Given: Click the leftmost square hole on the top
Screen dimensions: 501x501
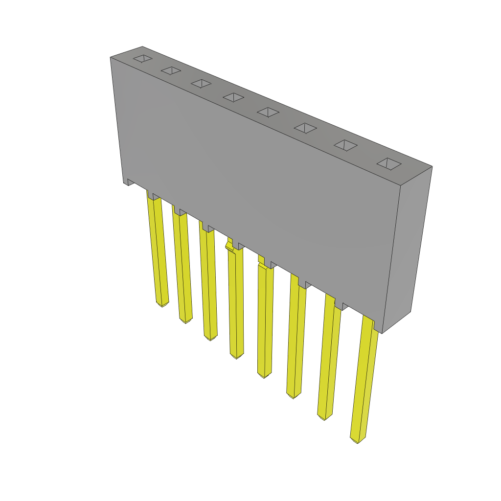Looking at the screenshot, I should (x=142, y=59).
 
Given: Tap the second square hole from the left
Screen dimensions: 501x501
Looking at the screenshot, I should (x=171, y=71).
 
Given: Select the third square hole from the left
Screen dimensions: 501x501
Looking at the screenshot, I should (x=201, y=84).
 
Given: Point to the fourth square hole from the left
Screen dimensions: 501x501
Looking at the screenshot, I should (x=233, y=97).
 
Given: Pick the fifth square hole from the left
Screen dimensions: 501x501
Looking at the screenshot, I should (x=268, y=112).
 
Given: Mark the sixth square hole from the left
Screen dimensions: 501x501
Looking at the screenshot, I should (x=305, y=128).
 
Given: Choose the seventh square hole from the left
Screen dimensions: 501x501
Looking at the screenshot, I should (x=345, y=145).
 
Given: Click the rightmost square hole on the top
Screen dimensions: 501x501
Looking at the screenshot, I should (x=389, y=164).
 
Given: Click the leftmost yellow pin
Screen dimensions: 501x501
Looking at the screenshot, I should (x=158, y=250).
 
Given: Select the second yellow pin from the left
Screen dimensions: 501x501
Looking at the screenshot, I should (x=182, y=267).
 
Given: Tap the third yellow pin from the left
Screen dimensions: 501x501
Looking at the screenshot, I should (x=208, y=284).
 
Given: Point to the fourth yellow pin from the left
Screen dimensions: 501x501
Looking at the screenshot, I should (x=235, y=303).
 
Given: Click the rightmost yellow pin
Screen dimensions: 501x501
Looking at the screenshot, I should (x=364, y=382).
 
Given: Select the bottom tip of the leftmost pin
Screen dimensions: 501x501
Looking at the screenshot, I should (x=162, y=304).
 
